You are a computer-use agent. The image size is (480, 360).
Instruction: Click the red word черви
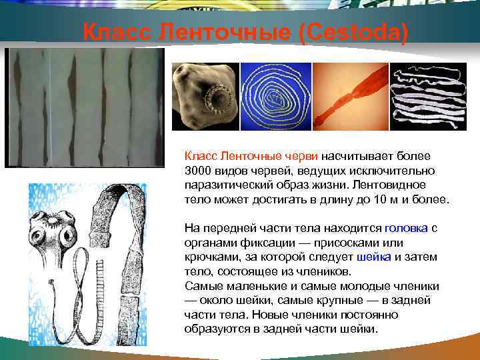click(301, 155)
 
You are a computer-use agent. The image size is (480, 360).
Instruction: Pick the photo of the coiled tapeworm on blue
click(275, 96)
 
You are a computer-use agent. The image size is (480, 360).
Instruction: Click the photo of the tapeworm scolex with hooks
click(204, 96)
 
